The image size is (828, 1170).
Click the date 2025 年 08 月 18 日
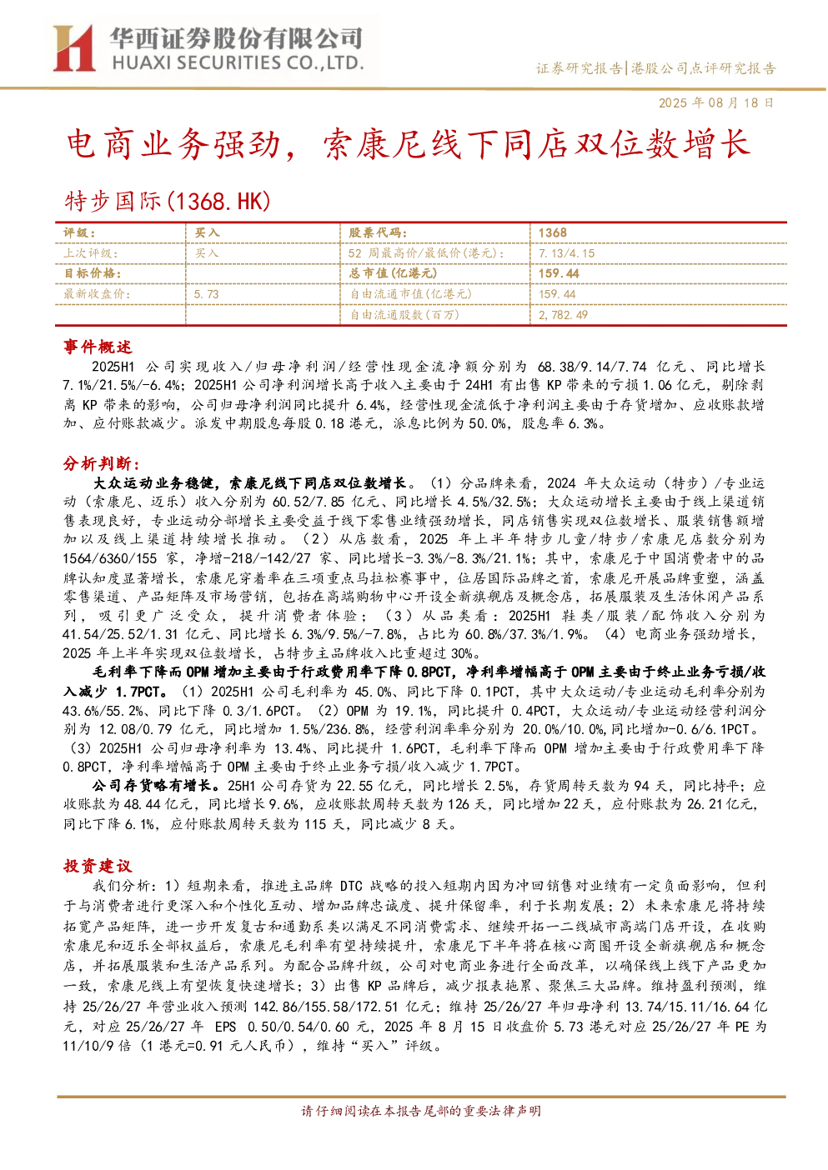pos(715,102)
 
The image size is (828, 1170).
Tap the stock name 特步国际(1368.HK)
pos(168,202)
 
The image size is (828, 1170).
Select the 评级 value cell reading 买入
pos(207,233)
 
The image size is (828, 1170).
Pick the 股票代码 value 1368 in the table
pos(553,233)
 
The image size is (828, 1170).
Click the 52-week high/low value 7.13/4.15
pos(567,253)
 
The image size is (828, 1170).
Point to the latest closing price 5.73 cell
pos(206,294)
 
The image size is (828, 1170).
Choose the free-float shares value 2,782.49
pos(563,315)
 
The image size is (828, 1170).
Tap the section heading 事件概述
pos(98,347)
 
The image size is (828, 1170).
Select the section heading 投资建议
pos(98,866)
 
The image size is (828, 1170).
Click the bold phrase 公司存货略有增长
pos(152,785)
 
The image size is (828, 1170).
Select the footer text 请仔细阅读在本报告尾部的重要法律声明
pos(421,1111)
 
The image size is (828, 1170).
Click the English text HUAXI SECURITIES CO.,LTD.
pos(238,63)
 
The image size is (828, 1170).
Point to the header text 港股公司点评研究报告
pos(703,68)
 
